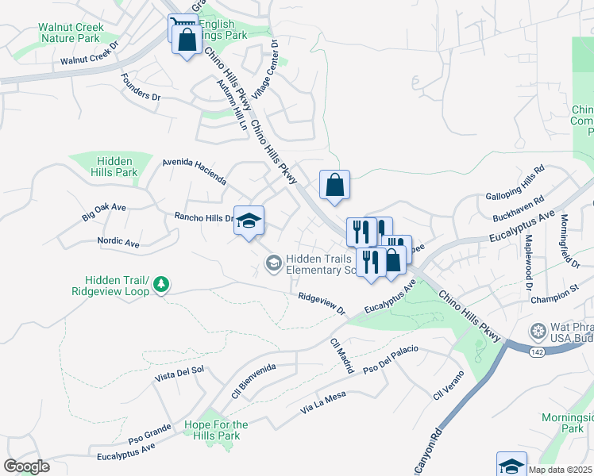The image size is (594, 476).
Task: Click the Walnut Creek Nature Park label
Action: coord(71,33)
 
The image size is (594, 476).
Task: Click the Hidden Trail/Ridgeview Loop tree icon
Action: coord(161,284)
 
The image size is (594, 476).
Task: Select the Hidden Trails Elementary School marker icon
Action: coord(273,263)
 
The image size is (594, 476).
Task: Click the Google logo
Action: coord(26,466)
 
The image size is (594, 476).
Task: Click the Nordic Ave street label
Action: coord(118,242)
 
